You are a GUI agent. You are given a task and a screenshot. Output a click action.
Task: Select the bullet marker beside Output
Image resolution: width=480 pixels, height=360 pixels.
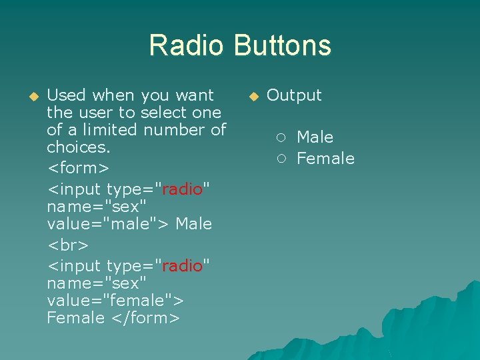[253, 96]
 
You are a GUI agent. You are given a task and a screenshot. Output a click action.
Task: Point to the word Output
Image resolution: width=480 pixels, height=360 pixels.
[294, 95]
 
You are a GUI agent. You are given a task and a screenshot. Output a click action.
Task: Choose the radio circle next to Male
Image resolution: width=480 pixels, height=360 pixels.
[282, 138]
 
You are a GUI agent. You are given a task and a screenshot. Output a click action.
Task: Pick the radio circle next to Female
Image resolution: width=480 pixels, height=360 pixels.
[282, 159]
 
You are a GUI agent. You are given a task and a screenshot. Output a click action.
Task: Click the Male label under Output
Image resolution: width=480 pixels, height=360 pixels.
[315, 137]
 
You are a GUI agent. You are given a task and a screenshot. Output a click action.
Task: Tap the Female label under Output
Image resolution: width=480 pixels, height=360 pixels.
[325, 159]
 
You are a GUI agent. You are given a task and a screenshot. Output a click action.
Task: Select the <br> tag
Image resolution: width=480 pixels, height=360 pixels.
[67, 245]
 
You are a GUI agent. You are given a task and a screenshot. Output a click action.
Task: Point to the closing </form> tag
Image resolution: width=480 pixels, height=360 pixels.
[145, 318]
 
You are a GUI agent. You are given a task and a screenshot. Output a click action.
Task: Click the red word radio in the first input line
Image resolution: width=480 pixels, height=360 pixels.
[182, 189]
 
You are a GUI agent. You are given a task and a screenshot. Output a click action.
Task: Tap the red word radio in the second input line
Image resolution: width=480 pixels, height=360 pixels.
[182, 266]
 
